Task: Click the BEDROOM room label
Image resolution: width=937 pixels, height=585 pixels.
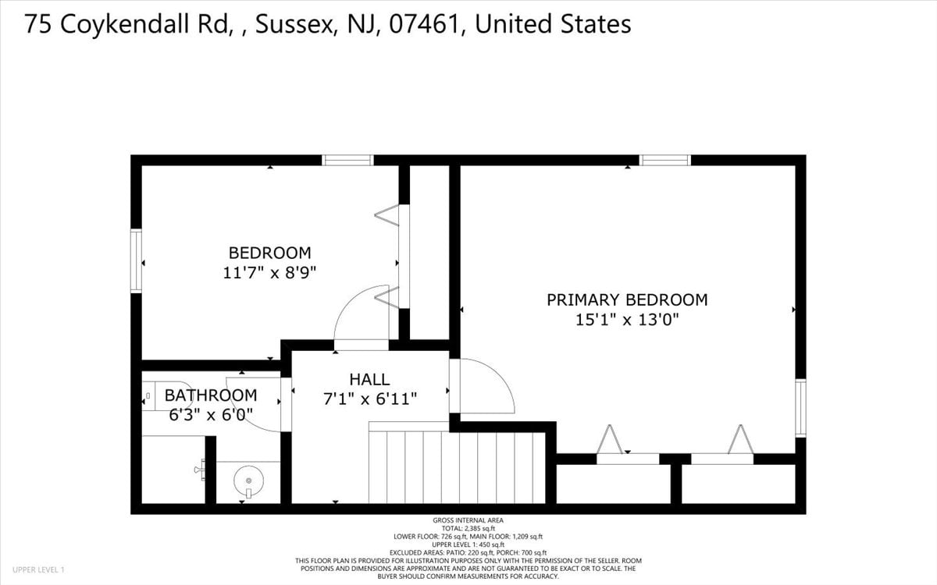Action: (270, 253)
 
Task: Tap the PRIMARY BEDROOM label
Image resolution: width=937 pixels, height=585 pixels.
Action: (627, 300)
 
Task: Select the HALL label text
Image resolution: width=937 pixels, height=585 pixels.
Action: (369, 379)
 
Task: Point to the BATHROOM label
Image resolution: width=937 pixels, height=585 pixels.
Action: (210, 395)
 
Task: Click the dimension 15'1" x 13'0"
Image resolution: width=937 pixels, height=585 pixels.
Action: (627, 320)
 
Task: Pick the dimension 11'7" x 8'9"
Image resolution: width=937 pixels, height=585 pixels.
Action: (269, 273)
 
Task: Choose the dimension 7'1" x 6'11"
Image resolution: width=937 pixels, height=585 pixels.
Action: (370, 399)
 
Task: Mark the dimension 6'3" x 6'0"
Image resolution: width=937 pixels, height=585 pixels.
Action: (210, 415)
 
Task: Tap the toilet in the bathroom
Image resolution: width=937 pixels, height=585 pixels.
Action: (167, 395)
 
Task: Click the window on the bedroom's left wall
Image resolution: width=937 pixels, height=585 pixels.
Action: (137, 261)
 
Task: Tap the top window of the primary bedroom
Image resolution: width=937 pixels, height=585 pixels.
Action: (665, 160)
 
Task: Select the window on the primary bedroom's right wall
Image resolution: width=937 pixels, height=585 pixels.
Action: (800, 408)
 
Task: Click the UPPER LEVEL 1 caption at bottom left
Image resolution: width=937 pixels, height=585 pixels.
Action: (38, 569)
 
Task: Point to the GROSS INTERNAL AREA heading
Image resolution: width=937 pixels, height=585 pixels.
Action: (468, 520)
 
